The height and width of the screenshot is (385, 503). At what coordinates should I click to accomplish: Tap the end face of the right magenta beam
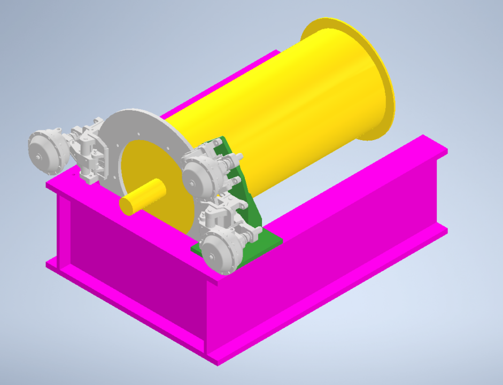442,192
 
